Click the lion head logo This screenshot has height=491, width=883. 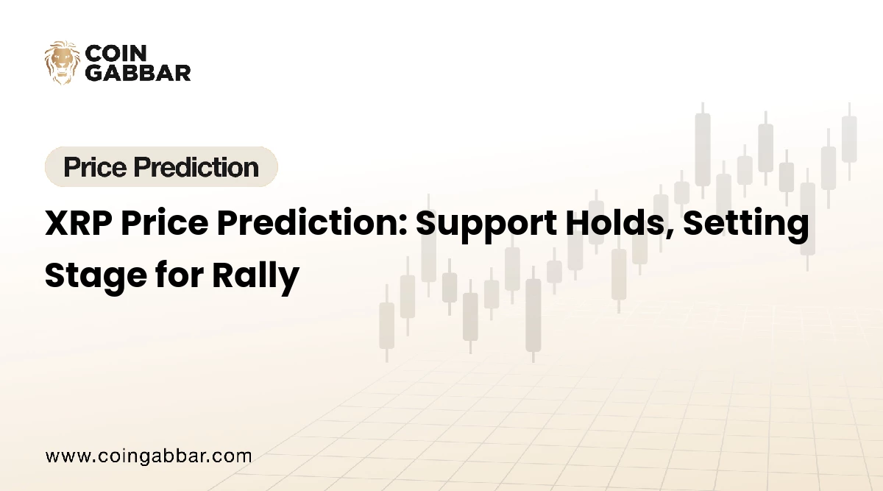[x=62, y=62]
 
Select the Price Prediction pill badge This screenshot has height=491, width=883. [x=161, y=167]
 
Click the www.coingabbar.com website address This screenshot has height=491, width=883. [x=149, y=456]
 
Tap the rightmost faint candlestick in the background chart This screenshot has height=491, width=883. [x=848, y=140]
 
